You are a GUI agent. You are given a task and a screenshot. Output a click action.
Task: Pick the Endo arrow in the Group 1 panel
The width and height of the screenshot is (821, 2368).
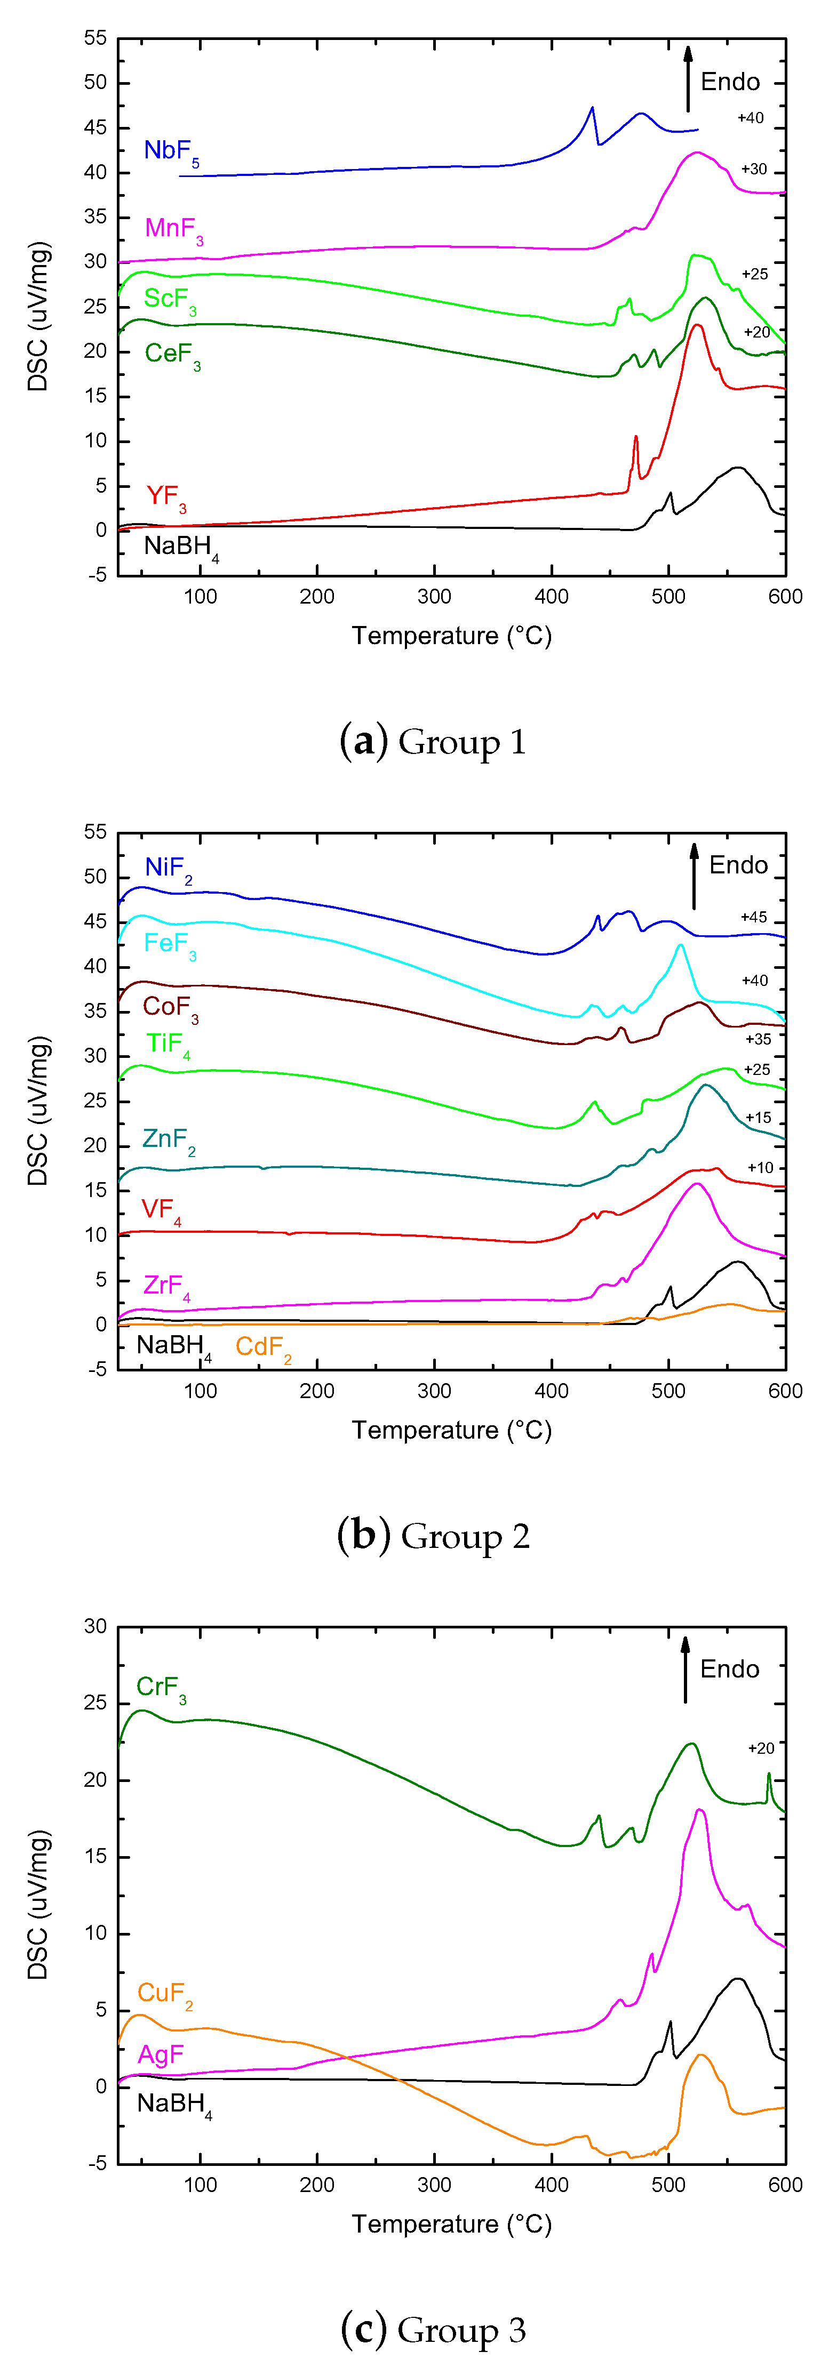click(688, 78)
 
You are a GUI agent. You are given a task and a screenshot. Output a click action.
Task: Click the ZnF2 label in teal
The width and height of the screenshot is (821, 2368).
click(168, 1140)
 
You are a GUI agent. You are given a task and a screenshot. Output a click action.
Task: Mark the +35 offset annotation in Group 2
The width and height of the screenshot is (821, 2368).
click(758, 1040)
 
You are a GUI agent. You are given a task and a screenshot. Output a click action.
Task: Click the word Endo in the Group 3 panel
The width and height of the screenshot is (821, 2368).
click(729, 1669)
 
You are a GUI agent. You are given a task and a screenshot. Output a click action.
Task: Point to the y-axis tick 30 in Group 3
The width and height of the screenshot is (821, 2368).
click(95, 1626)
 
